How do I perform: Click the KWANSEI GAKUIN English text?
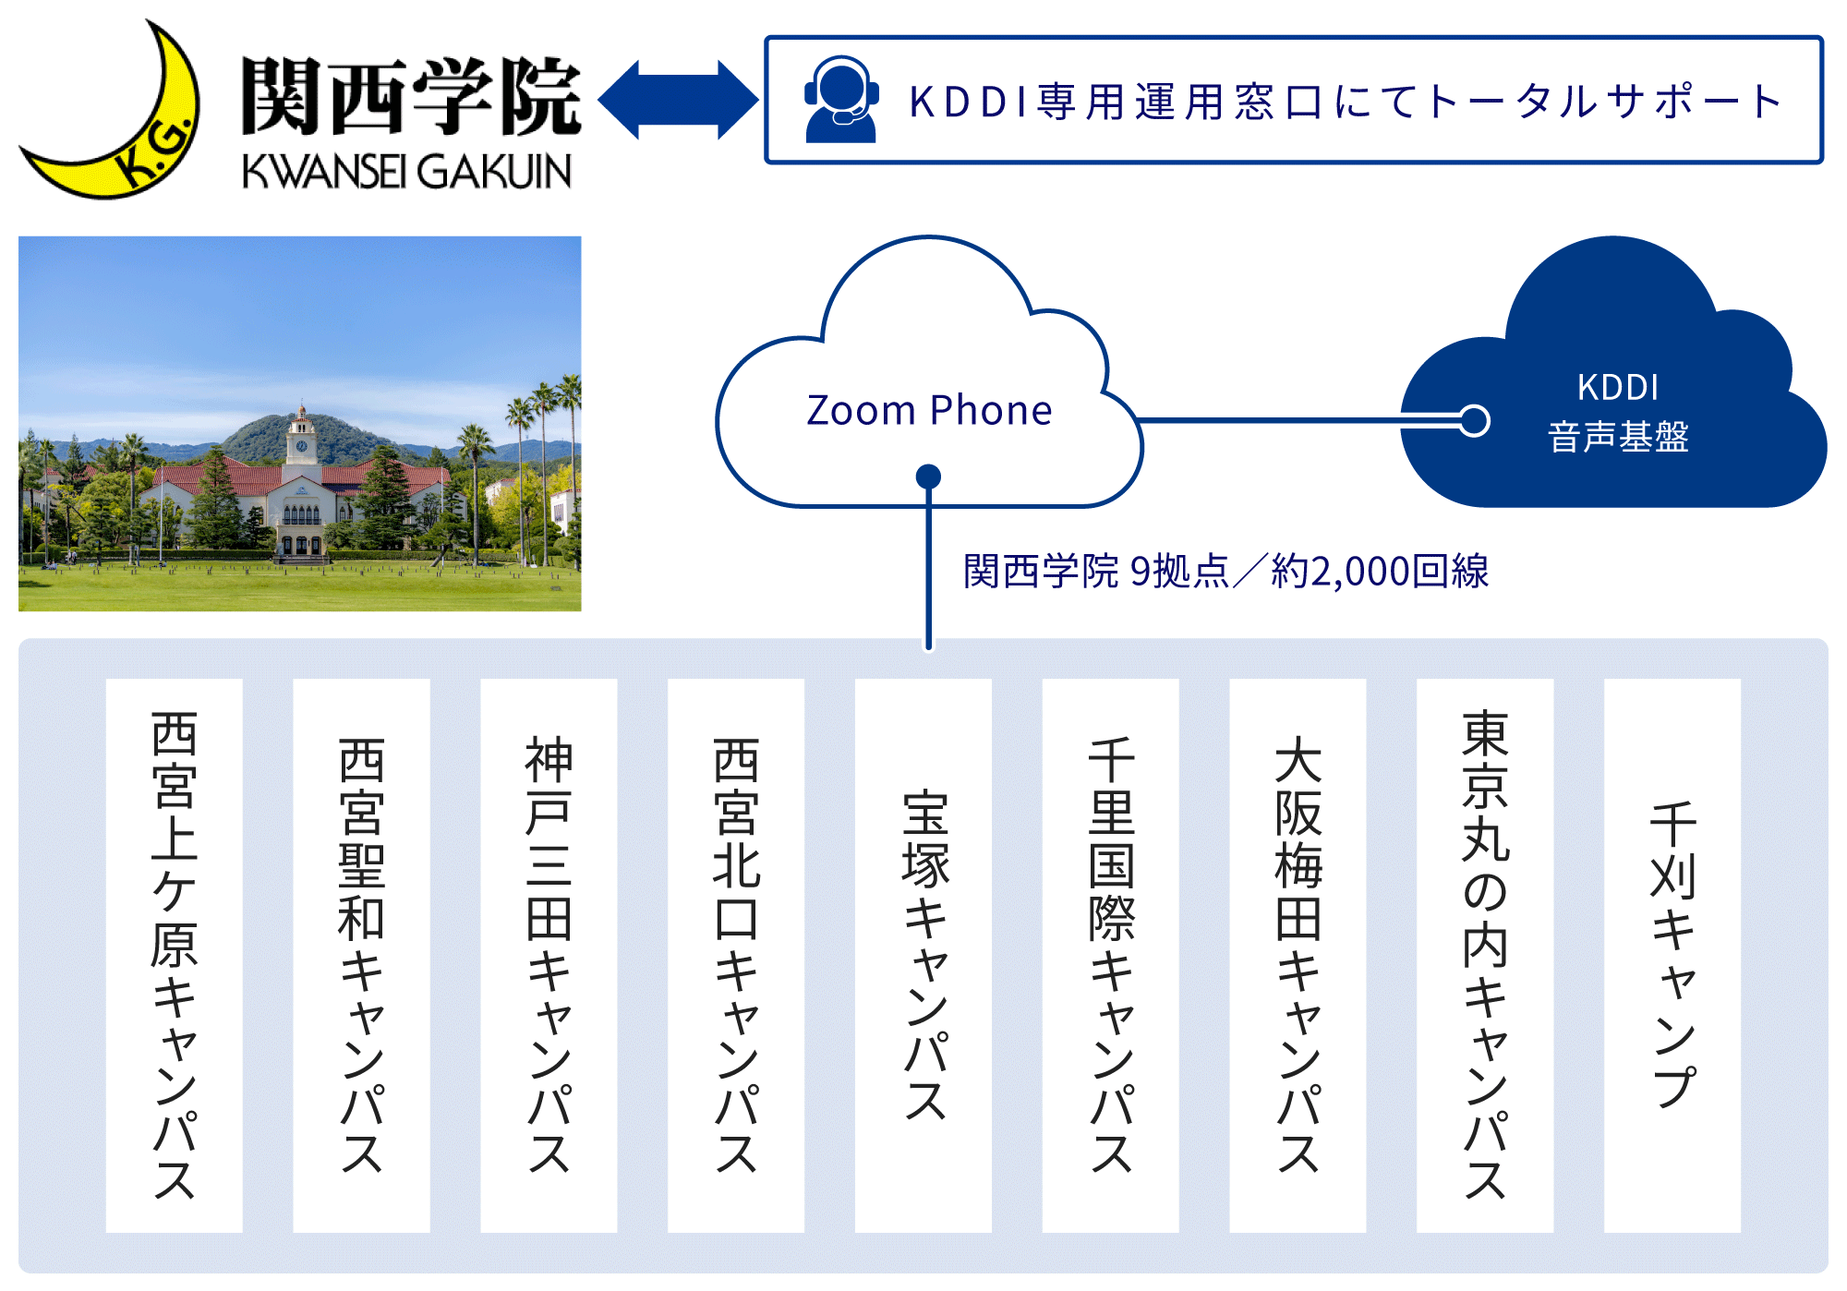[x=406, y=172]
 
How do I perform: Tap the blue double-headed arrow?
[x=678, y=100]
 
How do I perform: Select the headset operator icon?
[x=840, y=100]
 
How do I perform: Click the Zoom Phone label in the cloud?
[x=929, y=410]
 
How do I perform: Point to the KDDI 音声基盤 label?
[x=1618, y=413]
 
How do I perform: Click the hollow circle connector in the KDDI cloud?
[x=1475, y=421]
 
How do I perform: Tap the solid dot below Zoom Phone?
[x=928, y=477]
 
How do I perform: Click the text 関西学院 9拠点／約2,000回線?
[x=1225, y=572]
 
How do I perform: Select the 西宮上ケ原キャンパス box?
[x=174, y=955]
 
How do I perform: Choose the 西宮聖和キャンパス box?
[x=361, y=955]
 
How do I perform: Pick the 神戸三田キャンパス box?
[x=549, y=955]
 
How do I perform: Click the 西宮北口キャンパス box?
[x=736, y=955]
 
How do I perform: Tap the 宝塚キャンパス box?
[x=923, y=955]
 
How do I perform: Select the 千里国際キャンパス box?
[x=1111, y=955]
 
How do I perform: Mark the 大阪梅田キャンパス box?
[x=1298, y=955]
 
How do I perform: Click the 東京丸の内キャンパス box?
[x=1485, y=955]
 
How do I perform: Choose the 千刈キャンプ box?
[x=1672, y=955]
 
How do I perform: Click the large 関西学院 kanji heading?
[x=411, y=97]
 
